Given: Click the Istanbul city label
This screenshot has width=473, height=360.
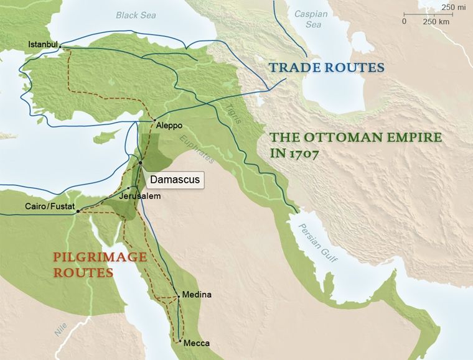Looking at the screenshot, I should click(x=43, y=44).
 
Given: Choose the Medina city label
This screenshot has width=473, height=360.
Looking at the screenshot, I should click(x=197, y=295).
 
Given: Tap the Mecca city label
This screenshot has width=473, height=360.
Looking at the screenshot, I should click(x=196, y=343).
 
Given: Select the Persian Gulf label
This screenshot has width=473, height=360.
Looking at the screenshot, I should click(x=317, y=242).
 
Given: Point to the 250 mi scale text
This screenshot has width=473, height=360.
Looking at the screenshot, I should click(x=449, y=7).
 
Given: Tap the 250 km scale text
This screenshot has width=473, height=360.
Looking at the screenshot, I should click(x=436, y=21).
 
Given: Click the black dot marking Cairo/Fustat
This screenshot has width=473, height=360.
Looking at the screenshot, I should click(x=78, y=211).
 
